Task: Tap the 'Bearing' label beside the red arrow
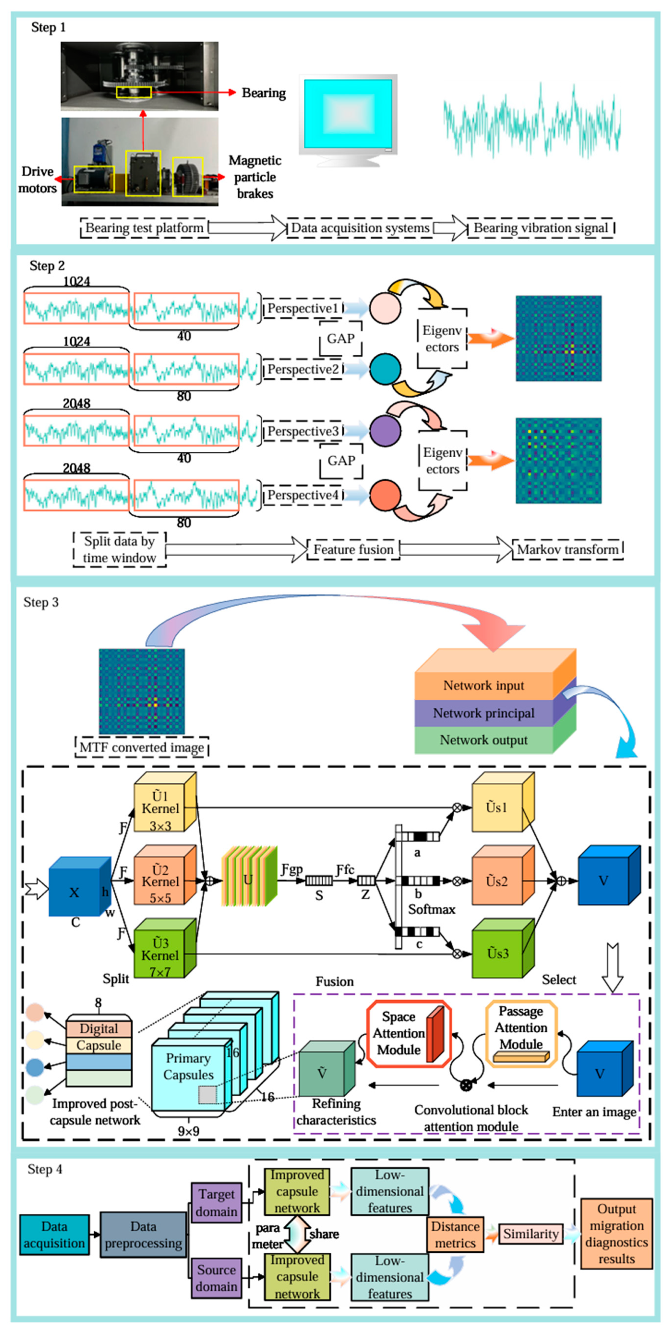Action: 263,93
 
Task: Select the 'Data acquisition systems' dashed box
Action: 360,228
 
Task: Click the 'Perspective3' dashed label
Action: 303,431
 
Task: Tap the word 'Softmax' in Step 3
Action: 431,909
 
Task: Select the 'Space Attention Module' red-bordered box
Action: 409,1034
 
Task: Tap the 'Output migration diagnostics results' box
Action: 616,1234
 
